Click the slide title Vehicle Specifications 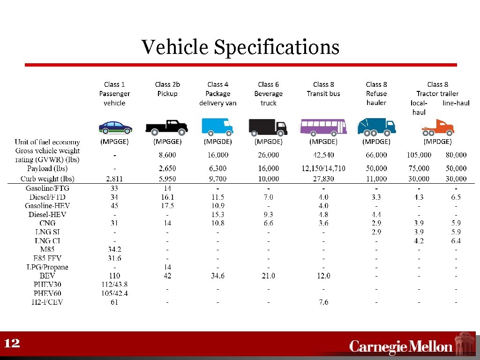[240, 47]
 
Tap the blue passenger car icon [115, 127]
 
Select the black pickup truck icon [166, 127]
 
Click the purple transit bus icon [323, 126]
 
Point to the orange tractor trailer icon [438, 127]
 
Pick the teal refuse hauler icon [376, 126]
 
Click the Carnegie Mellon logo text [401, 346]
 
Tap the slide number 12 [12, 344]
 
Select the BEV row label [48, 276]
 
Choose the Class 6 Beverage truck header [268, 93]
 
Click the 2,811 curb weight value [114, 179]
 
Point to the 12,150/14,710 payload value [323, 168]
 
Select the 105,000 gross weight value [419, 155]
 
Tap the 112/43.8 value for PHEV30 [114, 285]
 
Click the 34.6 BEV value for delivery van [217, 276]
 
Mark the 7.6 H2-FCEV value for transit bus [323, 302]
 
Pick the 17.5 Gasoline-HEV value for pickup [167, 206]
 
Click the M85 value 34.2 [114, 249]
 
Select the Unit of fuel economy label [47, 142]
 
